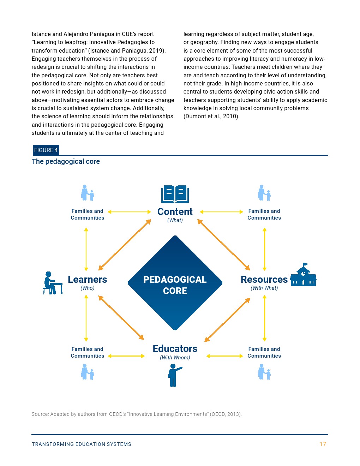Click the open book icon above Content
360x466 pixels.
click(x=175, y=194)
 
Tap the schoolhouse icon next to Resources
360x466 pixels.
click(x=303, y=275)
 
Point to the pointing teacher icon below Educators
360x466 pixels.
click(x=174, y=376)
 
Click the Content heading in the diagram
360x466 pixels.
click(x=175, y=211)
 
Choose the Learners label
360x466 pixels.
click(x=87, y=279)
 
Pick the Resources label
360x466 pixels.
click(x=264, y=279)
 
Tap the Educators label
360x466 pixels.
click(x=175, y=348)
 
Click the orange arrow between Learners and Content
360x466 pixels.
click(x=125, y=245)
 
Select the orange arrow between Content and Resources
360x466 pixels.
click(x=224, y=245)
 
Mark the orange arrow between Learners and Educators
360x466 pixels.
click(x=121, y=318)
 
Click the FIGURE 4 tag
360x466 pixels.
click(x=46, y=150)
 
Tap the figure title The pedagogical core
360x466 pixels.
click(x=66, y=161)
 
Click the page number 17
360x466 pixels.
click(x=323, y=444)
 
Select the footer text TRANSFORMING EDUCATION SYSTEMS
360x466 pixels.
click(x=82, y=444)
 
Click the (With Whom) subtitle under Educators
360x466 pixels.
click(x=175, y=358)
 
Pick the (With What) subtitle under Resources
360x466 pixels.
click(x=264, y=288)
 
